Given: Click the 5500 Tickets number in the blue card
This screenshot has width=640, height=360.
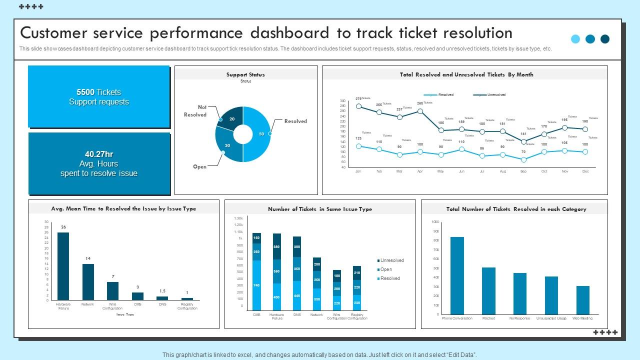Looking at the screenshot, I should tap(85, 92).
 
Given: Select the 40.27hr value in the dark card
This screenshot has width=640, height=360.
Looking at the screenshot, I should tap(99, 154).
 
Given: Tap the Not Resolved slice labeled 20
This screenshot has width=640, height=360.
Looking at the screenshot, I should tap(231, 118).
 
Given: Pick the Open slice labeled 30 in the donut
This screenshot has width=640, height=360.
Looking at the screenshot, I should tap(227, 145).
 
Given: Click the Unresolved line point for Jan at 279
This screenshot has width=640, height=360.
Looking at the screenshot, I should tap(358, 106).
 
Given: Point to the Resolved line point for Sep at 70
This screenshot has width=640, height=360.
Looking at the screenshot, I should tap(523, 160).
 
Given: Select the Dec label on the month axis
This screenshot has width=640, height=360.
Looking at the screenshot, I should tap(585, 171).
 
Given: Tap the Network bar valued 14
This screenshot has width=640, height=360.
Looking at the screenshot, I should tap(88, 282).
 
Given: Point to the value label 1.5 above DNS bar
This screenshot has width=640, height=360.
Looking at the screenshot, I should tap(162, 291).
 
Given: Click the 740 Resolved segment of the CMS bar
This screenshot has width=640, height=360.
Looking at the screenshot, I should tap(256, 285).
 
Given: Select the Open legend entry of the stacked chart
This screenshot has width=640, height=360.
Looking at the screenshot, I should tap(385, 269).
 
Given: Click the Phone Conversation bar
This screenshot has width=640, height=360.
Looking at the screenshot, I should tap(457, 275).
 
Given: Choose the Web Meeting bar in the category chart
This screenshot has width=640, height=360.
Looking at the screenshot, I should tap(582, 300).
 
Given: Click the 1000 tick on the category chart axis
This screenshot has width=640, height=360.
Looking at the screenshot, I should tap(434, 222).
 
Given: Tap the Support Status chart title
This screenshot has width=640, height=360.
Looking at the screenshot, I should tap(245, 74).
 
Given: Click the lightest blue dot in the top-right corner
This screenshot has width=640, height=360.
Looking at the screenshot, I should tap(575, 39).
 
